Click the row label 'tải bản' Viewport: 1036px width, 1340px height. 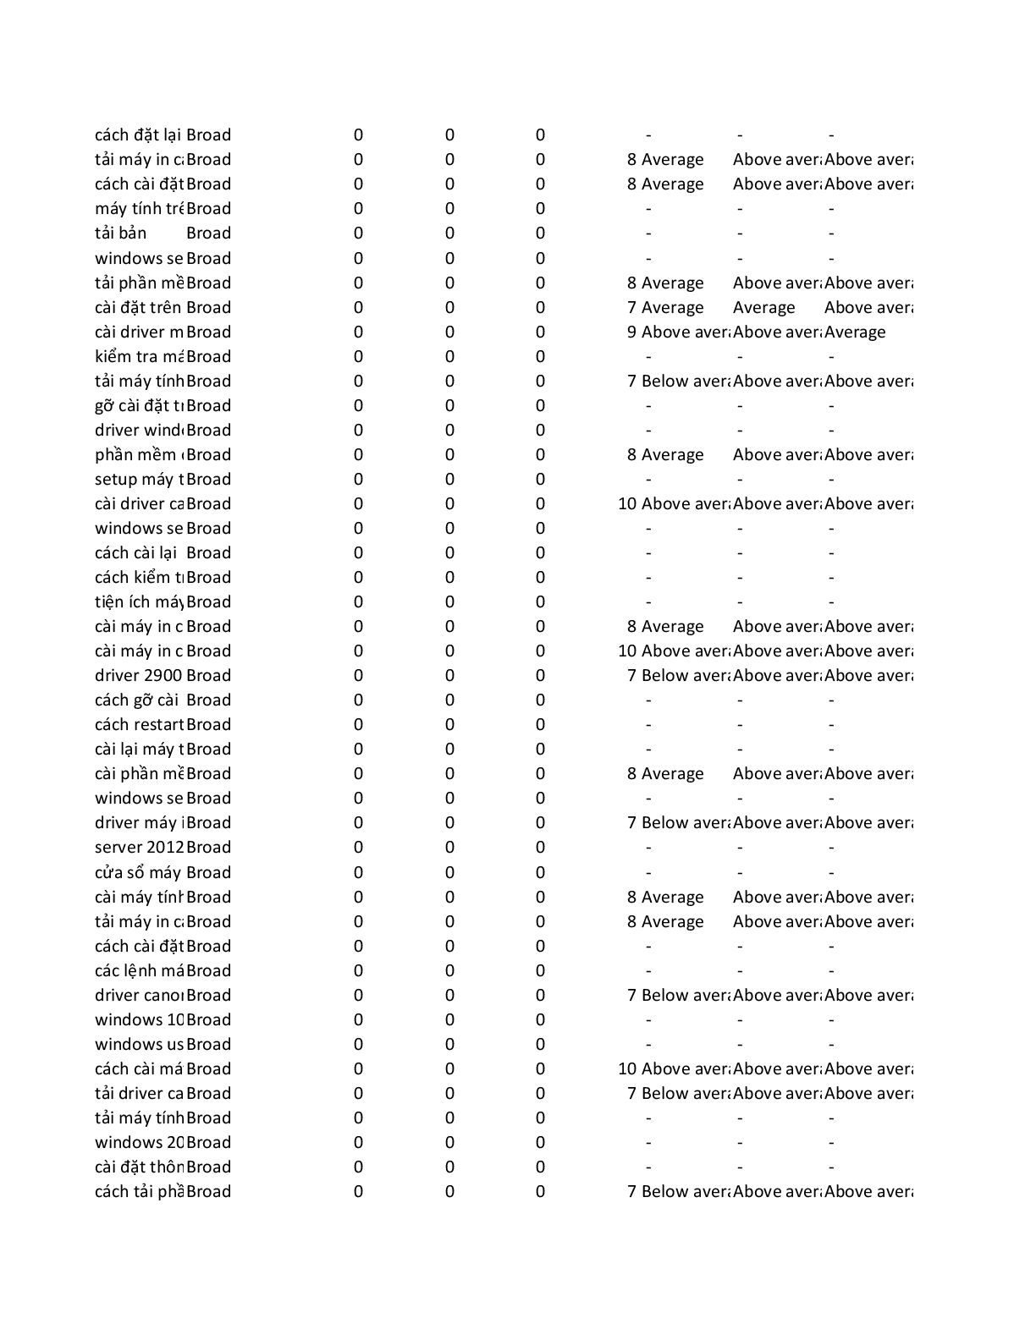pyautogui.click(x=121, y=233)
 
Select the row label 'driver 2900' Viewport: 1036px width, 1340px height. pyautogui.click(x=138, y=676)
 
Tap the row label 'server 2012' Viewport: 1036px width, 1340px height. pyautogui.click(x=139, y=848)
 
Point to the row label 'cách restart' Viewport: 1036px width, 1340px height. pyautogui.click(x=139, y=725)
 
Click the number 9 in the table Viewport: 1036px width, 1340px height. pyautogui.click(x=631, y=332)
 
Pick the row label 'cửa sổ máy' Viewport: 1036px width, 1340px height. pyautogui.click(x=138, y=872)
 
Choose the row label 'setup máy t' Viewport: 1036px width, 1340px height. pyautogui.click(x=139, y=480)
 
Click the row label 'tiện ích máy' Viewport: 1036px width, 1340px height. pyautogui.click(x=139, y=602)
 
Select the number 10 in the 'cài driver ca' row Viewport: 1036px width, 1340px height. pyautogui.click(x=627, y=504)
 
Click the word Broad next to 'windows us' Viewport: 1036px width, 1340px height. pyautogui.click(x=208, y=1045)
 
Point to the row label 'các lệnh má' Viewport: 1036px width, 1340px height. pyautogui.click(x=139, y=971)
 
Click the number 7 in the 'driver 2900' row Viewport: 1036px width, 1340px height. pyautogui.click(x=631, y=676)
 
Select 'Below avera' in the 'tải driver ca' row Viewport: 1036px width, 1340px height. pyautogui.click(x=685, y=1094)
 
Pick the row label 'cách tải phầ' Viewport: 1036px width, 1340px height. pyautogui.click(x=139, y=1192)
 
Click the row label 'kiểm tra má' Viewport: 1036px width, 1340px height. pyautogui.click(x=139, y=357)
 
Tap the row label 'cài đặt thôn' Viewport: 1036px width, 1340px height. pyautogui.click(x=139, y=1167)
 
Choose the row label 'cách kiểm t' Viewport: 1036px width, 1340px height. pyautogui.click(x=139, y=578)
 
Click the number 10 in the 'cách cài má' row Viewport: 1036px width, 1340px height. pyautogui.click(x=627, y=1069)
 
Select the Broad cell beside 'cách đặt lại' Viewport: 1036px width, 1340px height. pyautogui.click(x=208, y=135)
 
